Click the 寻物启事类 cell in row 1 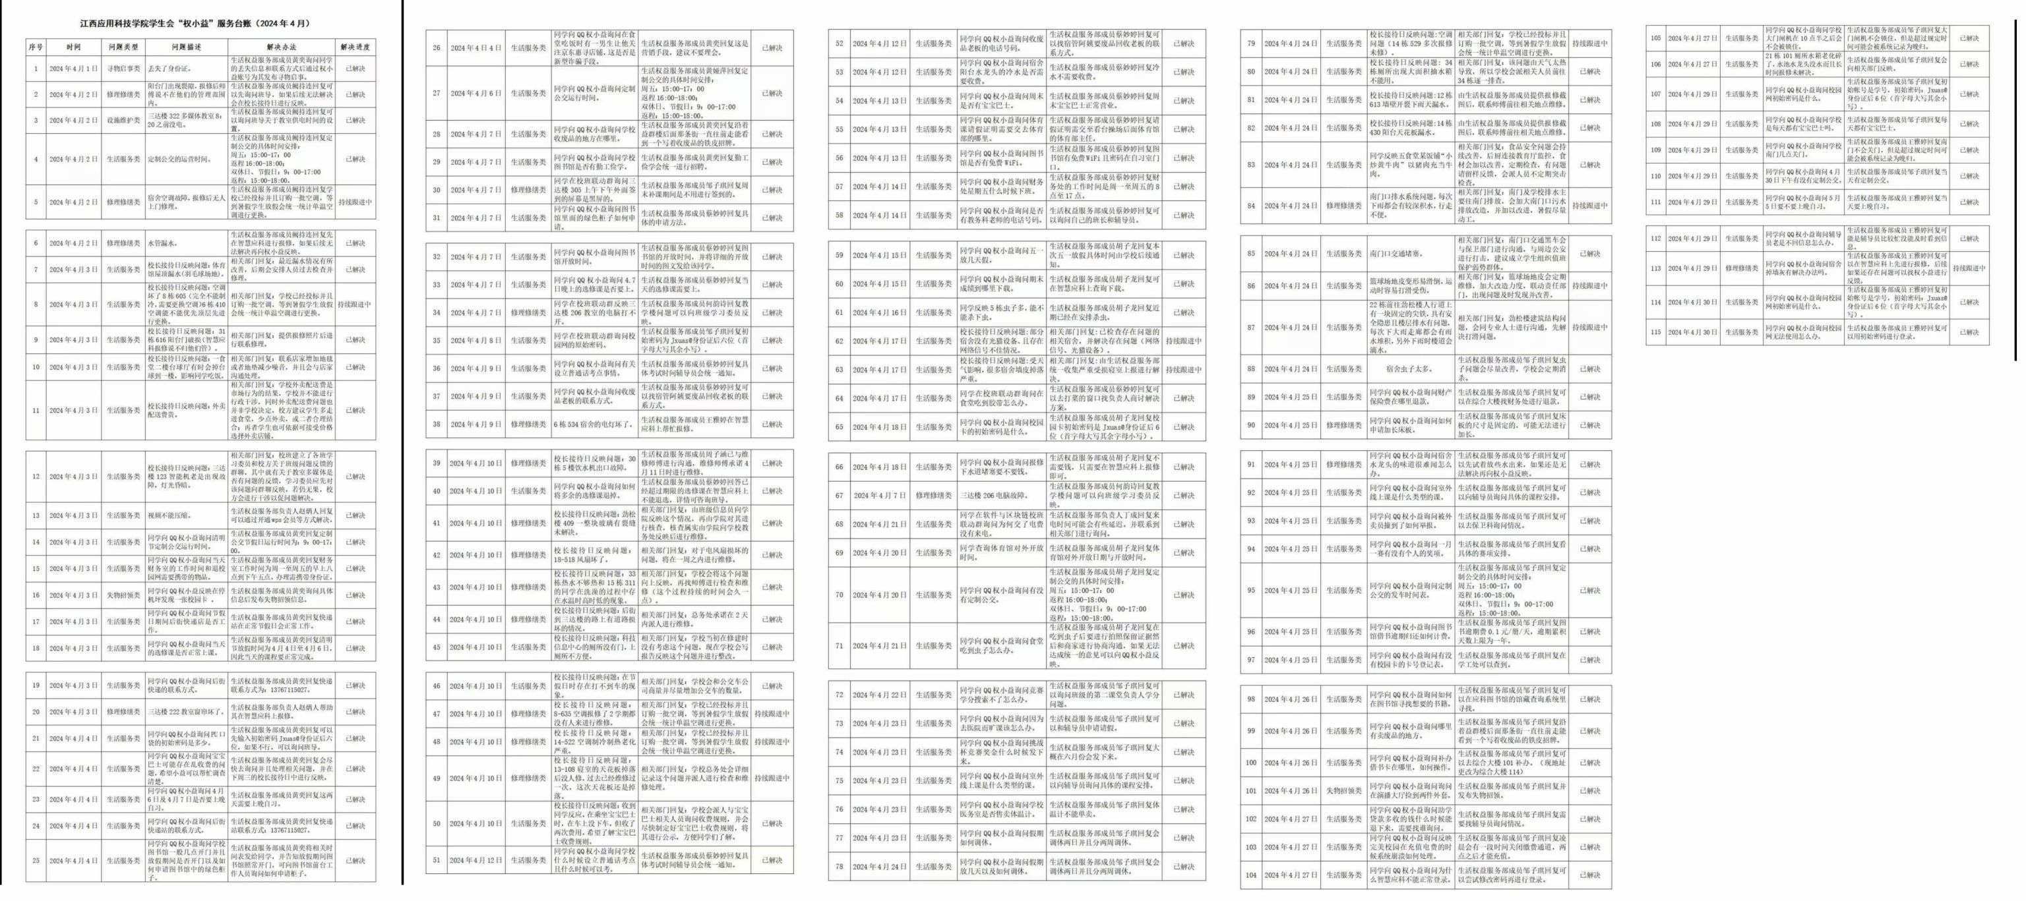(123, 69)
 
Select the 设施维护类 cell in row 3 (123, 121)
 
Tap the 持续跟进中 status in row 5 (355, 202)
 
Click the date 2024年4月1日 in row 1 (74, 69)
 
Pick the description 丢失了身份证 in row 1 (170, 69)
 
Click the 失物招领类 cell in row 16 (123, 595)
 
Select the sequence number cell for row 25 (36, 860)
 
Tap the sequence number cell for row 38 (437, 424)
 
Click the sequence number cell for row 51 (437, 860)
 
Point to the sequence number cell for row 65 (839, 427)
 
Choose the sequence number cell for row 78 (839, 867)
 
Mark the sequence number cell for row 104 (1250, 875)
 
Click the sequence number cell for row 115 (1655, 332)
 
